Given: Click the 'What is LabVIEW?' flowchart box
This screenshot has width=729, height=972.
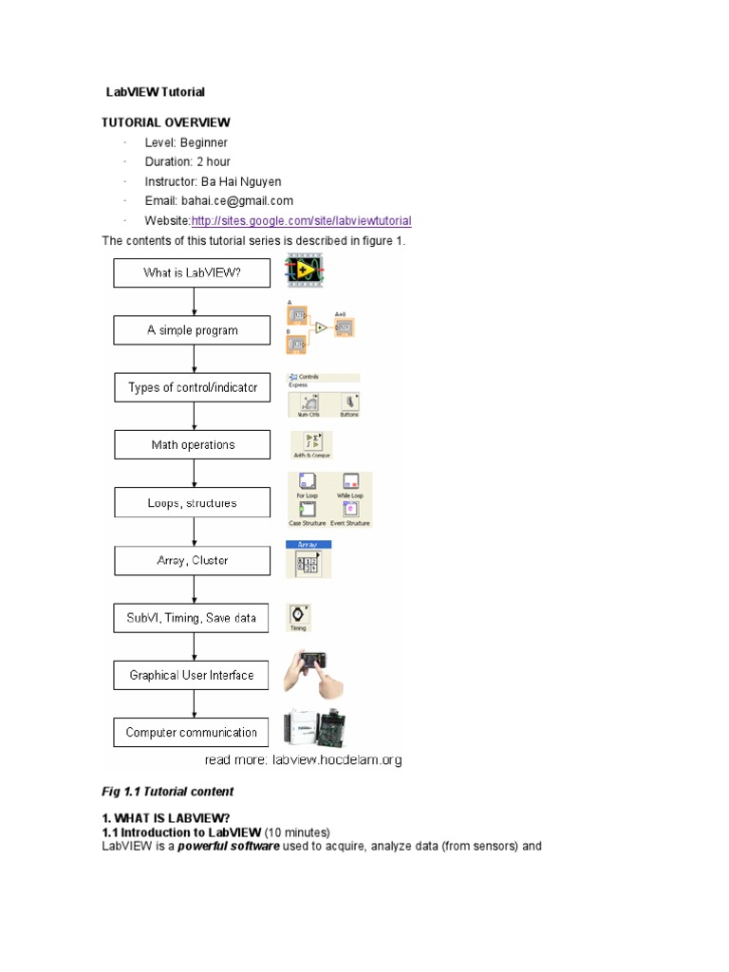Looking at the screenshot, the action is pyautogui.click(x=192, y=273).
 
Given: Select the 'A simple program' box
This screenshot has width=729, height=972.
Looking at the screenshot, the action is pyautogui.click(x=192, y=330).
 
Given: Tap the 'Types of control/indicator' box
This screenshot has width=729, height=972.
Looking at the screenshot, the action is pyautogui.click(x=192, y=388).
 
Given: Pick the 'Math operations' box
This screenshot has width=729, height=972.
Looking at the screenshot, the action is pyautogui.click(x=192, y=445).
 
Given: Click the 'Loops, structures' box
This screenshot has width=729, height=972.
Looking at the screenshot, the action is pyautogui.click(x=192, y=503).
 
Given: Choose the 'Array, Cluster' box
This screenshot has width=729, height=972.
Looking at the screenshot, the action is pyautogui.click(x=192, y=560).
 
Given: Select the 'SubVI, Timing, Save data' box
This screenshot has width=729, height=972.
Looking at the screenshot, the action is pyautogui.click(x=192, y=618).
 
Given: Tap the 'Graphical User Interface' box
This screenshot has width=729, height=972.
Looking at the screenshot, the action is pyautogui.click(x=192, y=675).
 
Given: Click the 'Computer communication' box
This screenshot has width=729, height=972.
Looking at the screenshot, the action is pyautogui.click(x=192, y=732).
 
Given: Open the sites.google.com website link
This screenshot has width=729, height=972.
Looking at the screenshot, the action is pyautogui.click(x=301, y=221).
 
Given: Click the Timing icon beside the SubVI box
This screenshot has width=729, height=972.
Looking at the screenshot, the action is pyautogui.click(x=298, y=616).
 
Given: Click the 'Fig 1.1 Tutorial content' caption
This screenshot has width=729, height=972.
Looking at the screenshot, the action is pyautogui.click(x=167, y=791).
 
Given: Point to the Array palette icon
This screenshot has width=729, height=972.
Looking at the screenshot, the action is pyautogui.click(x=308, y=559).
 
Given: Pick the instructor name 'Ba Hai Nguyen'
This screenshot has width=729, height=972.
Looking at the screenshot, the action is pyautogui.click(x=241, y=181).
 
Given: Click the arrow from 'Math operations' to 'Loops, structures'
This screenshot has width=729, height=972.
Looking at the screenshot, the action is pyautogui.click(x=194, y=474).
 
